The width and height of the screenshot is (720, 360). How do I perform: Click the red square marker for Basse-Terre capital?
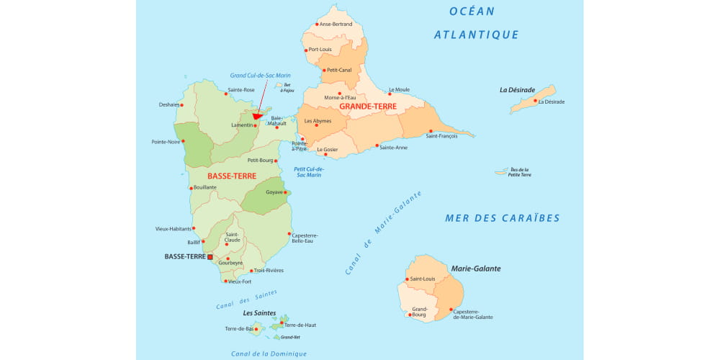click(x=210, y=256)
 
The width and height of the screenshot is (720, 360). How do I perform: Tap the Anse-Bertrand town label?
click(x=336, y=24)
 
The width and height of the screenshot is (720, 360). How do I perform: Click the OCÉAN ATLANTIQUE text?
click(x=476, y=22)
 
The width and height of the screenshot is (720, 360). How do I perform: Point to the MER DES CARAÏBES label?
click(x=502, y=218)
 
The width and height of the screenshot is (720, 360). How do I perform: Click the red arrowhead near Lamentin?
click(x=257, y=116)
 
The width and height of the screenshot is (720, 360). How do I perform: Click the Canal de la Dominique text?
click(x=269, y=354)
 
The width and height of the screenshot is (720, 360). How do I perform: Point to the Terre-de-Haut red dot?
click(x=282, y=323)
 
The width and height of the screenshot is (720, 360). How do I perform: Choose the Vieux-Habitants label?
click(x=172, y=229)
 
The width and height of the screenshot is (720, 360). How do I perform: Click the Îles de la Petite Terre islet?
click(x=502, y=172)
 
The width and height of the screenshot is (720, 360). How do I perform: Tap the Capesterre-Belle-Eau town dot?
click(x=289, y=233)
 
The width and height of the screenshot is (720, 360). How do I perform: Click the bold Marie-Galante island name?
click(x=475, y=269)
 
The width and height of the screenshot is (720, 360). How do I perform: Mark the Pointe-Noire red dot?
click(x=184, y=142)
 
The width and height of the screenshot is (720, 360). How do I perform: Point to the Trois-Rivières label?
click(x=269, y=271)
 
